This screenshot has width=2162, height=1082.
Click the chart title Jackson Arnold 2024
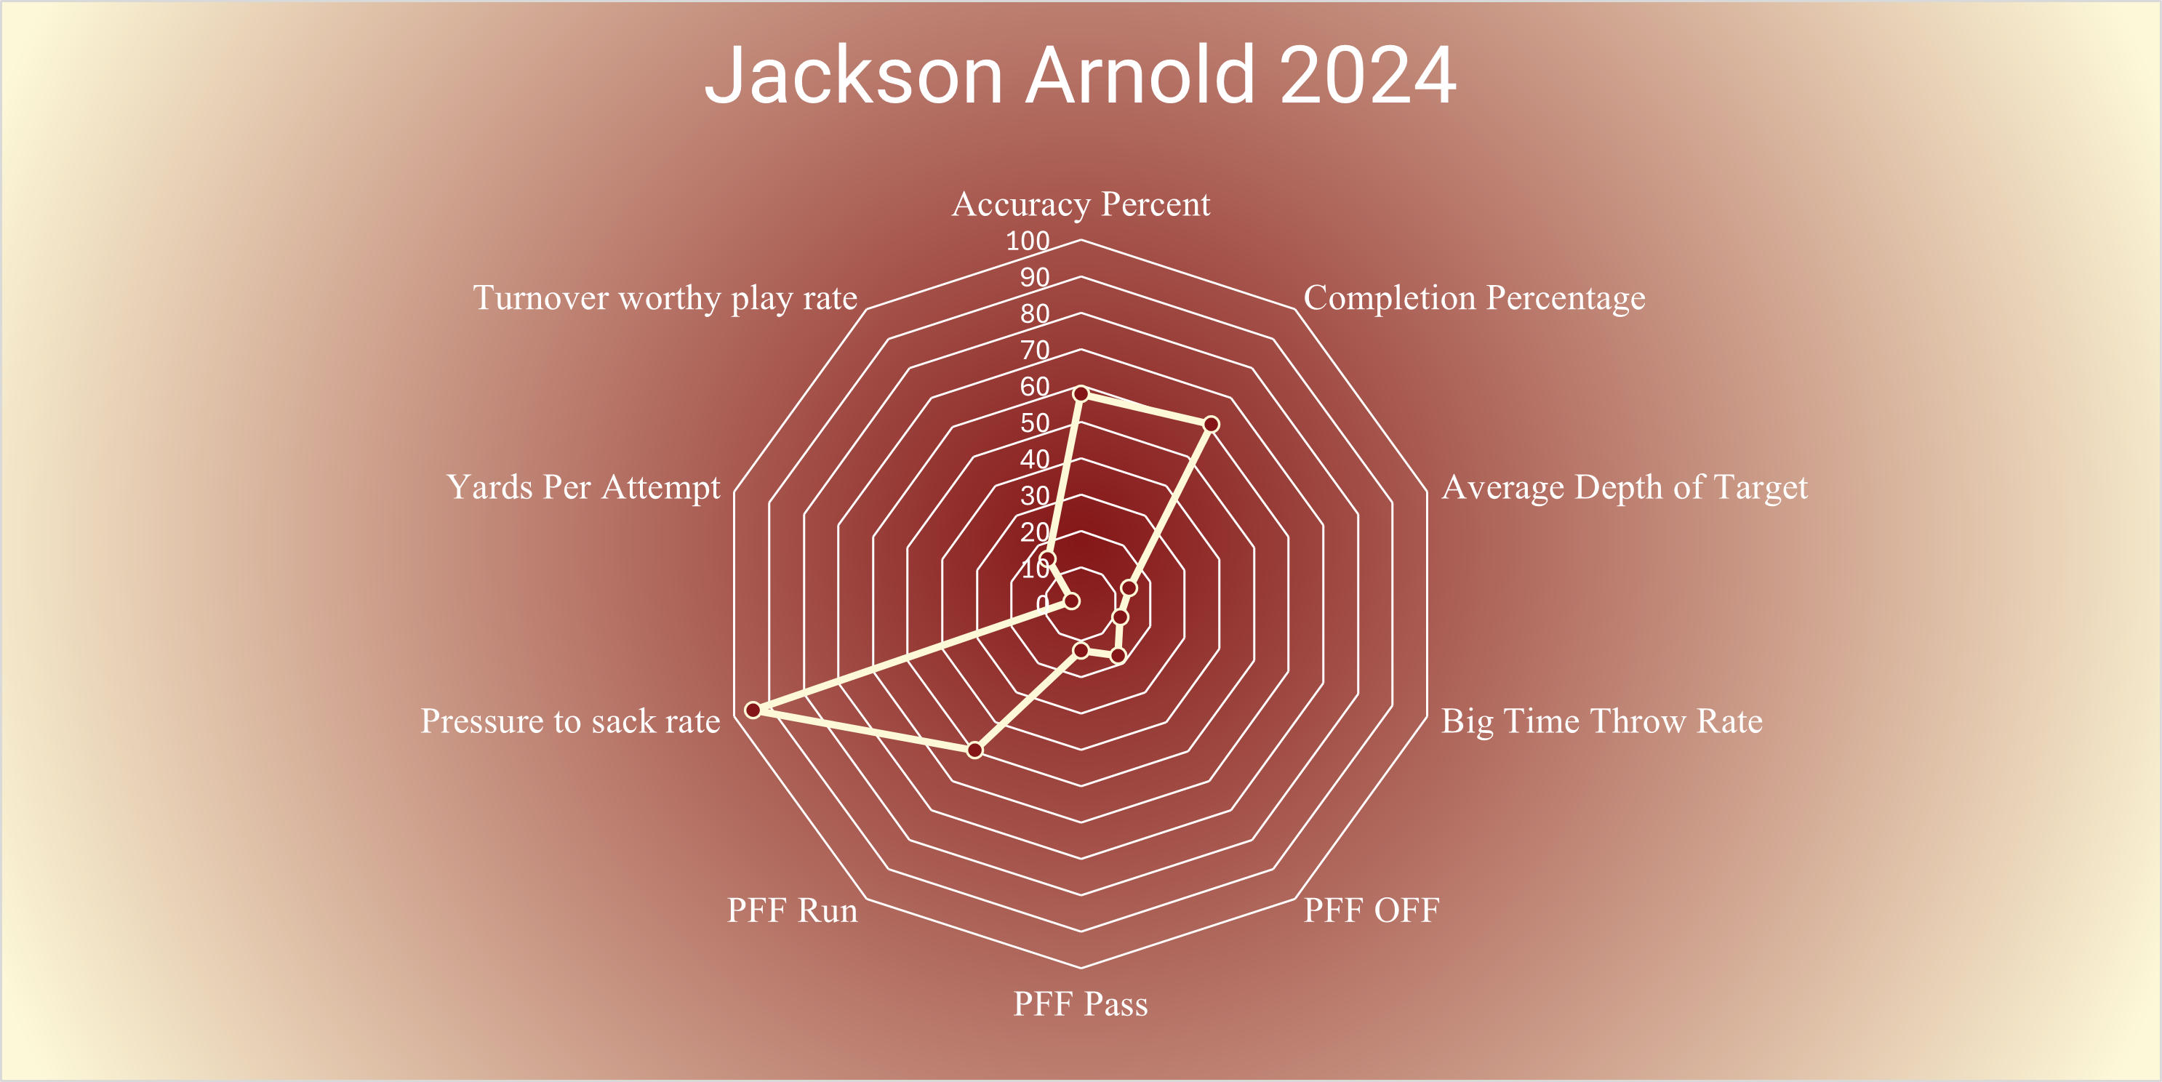(x=1080, y=76)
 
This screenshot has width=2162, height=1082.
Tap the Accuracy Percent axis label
(x=1081, y=204)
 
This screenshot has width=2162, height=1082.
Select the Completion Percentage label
(x=1474, y=298)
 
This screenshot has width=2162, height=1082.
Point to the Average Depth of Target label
(x=1624, y=488)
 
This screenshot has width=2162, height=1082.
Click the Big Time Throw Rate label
(x=1601, y=721)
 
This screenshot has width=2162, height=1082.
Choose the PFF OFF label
(x=1371, y=910)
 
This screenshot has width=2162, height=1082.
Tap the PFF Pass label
(x=1080, y=1004)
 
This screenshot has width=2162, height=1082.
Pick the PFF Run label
(x=792, y=910)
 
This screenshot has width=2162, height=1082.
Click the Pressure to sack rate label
(x=570, y=721)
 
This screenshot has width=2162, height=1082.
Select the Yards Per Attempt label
(x=583, y=488)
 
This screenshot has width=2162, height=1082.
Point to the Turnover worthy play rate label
(x=665, y=298)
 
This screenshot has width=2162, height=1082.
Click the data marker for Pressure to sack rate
(x=753, y=710)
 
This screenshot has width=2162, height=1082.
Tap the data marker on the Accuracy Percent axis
(x=1081, y=393)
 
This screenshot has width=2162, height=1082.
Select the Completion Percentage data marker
(x=1211, y=424)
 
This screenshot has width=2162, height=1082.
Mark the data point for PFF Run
(x=974, y=750)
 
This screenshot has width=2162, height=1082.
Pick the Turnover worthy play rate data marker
(x=1047, y=559)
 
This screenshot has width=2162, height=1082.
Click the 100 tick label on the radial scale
(x=1028, y=241)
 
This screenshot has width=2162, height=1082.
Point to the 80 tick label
(x=1035, y=314)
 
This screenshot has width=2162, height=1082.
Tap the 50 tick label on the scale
(x=1035, y=423)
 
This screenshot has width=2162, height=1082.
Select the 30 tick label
(x=1035, y=495)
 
